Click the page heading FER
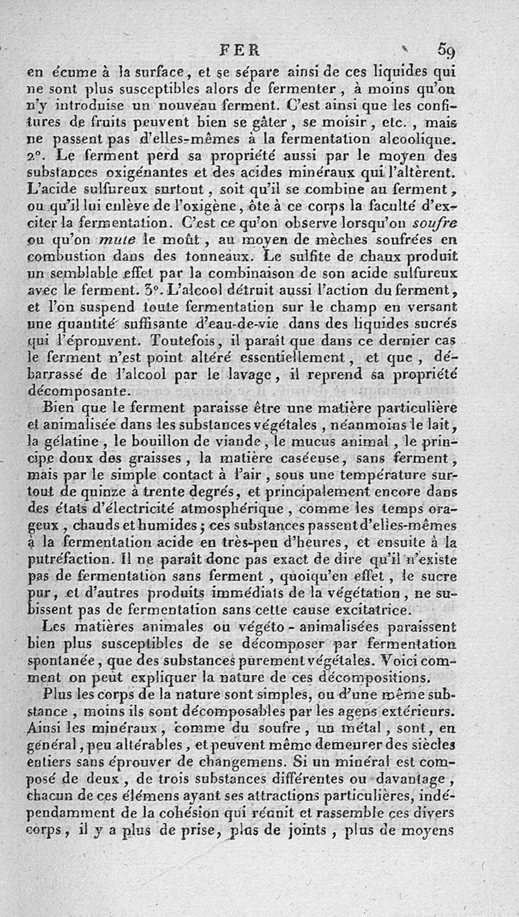pos(239,49)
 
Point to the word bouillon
pos(160,442)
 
